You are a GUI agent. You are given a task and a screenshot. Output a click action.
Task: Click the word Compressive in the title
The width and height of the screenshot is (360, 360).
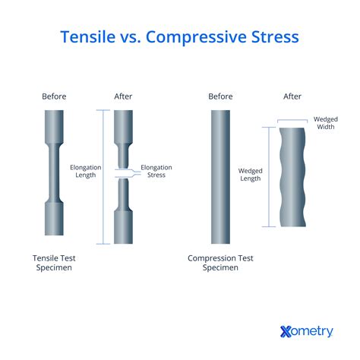point(196,37)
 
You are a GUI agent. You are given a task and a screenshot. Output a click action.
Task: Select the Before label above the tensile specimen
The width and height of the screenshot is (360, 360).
point(55,96)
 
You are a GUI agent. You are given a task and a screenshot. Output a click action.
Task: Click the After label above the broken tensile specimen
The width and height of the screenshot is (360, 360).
point(123,96)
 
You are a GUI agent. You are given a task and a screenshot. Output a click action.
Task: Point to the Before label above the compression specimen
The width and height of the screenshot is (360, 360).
point(220,96)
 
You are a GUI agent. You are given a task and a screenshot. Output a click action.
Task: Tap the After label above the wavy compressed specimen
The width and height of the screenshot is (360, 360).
point(292,96)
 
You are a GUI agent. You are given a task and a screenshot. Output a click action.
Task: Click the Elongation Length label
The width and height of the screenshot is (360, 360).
point(84,171)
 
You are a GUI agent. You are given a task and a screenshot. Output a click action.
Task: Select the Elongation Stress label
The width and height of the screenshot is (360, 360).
point(156,171)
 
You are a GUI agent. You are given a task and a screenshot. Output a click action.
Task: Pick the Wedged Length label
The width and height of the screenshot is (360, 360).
point(251,175)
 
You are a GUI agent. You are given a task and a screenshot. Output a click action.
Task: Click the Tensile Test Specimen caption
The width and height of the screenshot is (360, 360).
point(55,263)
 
